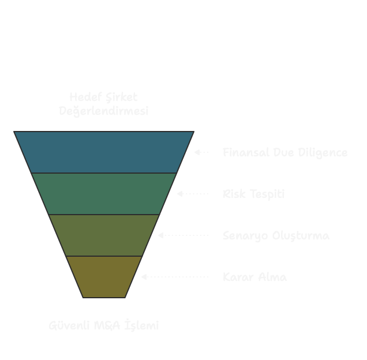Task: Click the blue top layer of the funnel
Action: click(x=104, y=152)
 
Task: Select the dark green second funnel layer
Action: click(x=104, y=194)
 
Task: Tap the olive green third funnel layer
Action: click(x=104, y=235)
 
